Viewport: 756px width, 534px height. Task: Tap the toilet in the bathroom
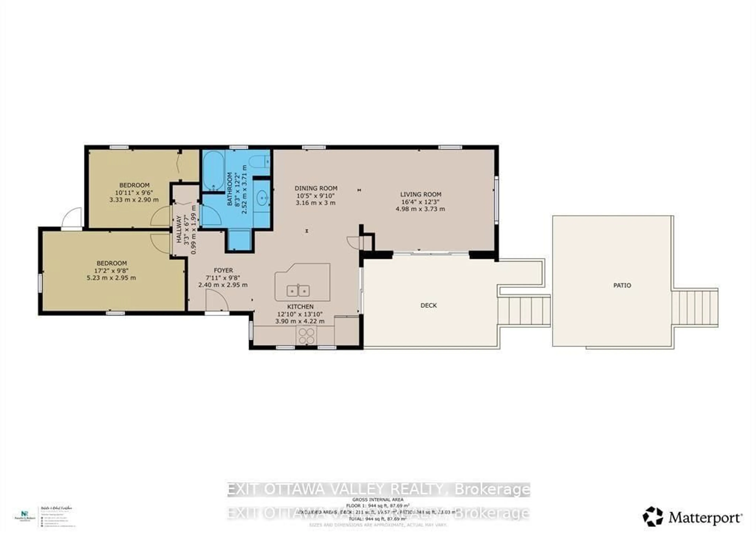click(x=259, y=161)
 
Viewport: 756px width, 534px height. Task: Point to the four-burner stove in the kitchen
click(x=306, y=336)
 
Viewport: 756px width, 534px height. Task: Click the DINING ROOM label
click(x=316, y=188)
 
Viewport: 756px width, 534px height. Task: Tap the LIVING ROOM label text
click(x=421, y=195)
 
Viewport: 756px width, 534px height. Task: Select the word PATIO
click(x=622, y=285)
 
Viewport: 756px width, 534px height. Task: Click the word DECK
click(x=428, y=305)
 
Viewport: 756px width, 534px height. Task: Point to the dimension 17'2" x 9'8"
click(x=111, y=270)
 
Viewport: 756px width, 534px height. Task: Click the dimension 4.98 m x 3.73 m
click(x=420, y=209)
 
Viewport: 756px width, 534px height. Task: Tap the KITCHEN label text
click(x=300, y=306)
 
